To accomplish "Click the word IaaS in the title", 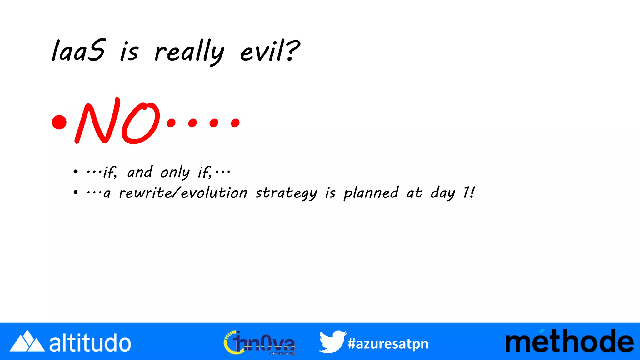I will click(78, 51).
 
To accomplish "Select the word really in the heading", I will click(189, 52).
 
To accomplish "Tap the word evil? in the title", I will click(270, 51).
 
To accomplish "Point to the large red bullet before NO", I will click(59, 122).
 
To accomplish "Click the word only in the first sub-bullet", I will click(175, 172).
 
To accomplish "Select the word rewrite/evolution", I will click(183, 193).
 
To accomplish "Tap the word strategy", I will click(286, 193).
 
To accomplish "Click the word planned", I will click(371, 193).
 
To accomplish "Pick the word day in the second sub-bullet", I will click(443, 193).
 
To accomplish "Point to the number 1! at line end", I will click(469, 192).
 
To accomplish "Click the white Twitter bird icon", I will click(332, 341).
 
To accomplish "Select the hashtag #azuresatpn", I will click(388, 344).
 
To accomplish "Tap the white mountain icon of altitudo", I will click(27, 341).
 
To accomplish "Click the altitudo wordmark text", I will click(90, 343).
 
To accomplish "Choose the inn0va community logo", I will click(259, 343).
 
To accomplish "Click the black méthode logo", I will click(569, 341).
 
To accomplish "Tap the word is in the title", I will click(129, 52).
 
